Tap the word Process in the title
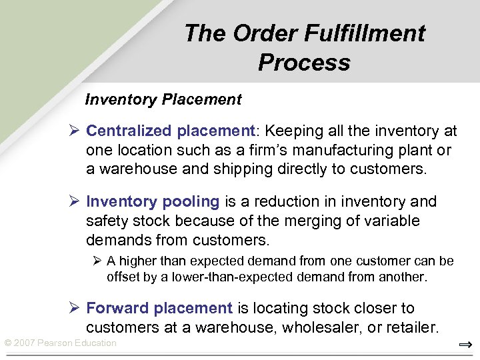pyautogui.click(x=304, y=63)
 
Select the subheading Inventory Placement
pyautogui.click(x=163, y=100)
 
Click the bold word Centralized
pyautogui.click(x=129, y=131)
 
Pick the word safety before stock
pyautogui.click(x=105, y=221)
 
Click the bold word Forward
pyautogui.click(x=118, y=309)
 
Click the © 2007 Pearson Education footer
pyautogui.click(x=60, y=343)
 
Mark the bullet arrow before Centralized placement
pyautogui.click(x=75, y=131)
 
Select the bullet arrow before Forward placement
pyautogui.click(x=75, y=309)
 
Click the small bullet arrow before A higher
pyautogui.click(x=97, y=261)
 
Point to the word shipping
pyautogui.click(x=243, y=169)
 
